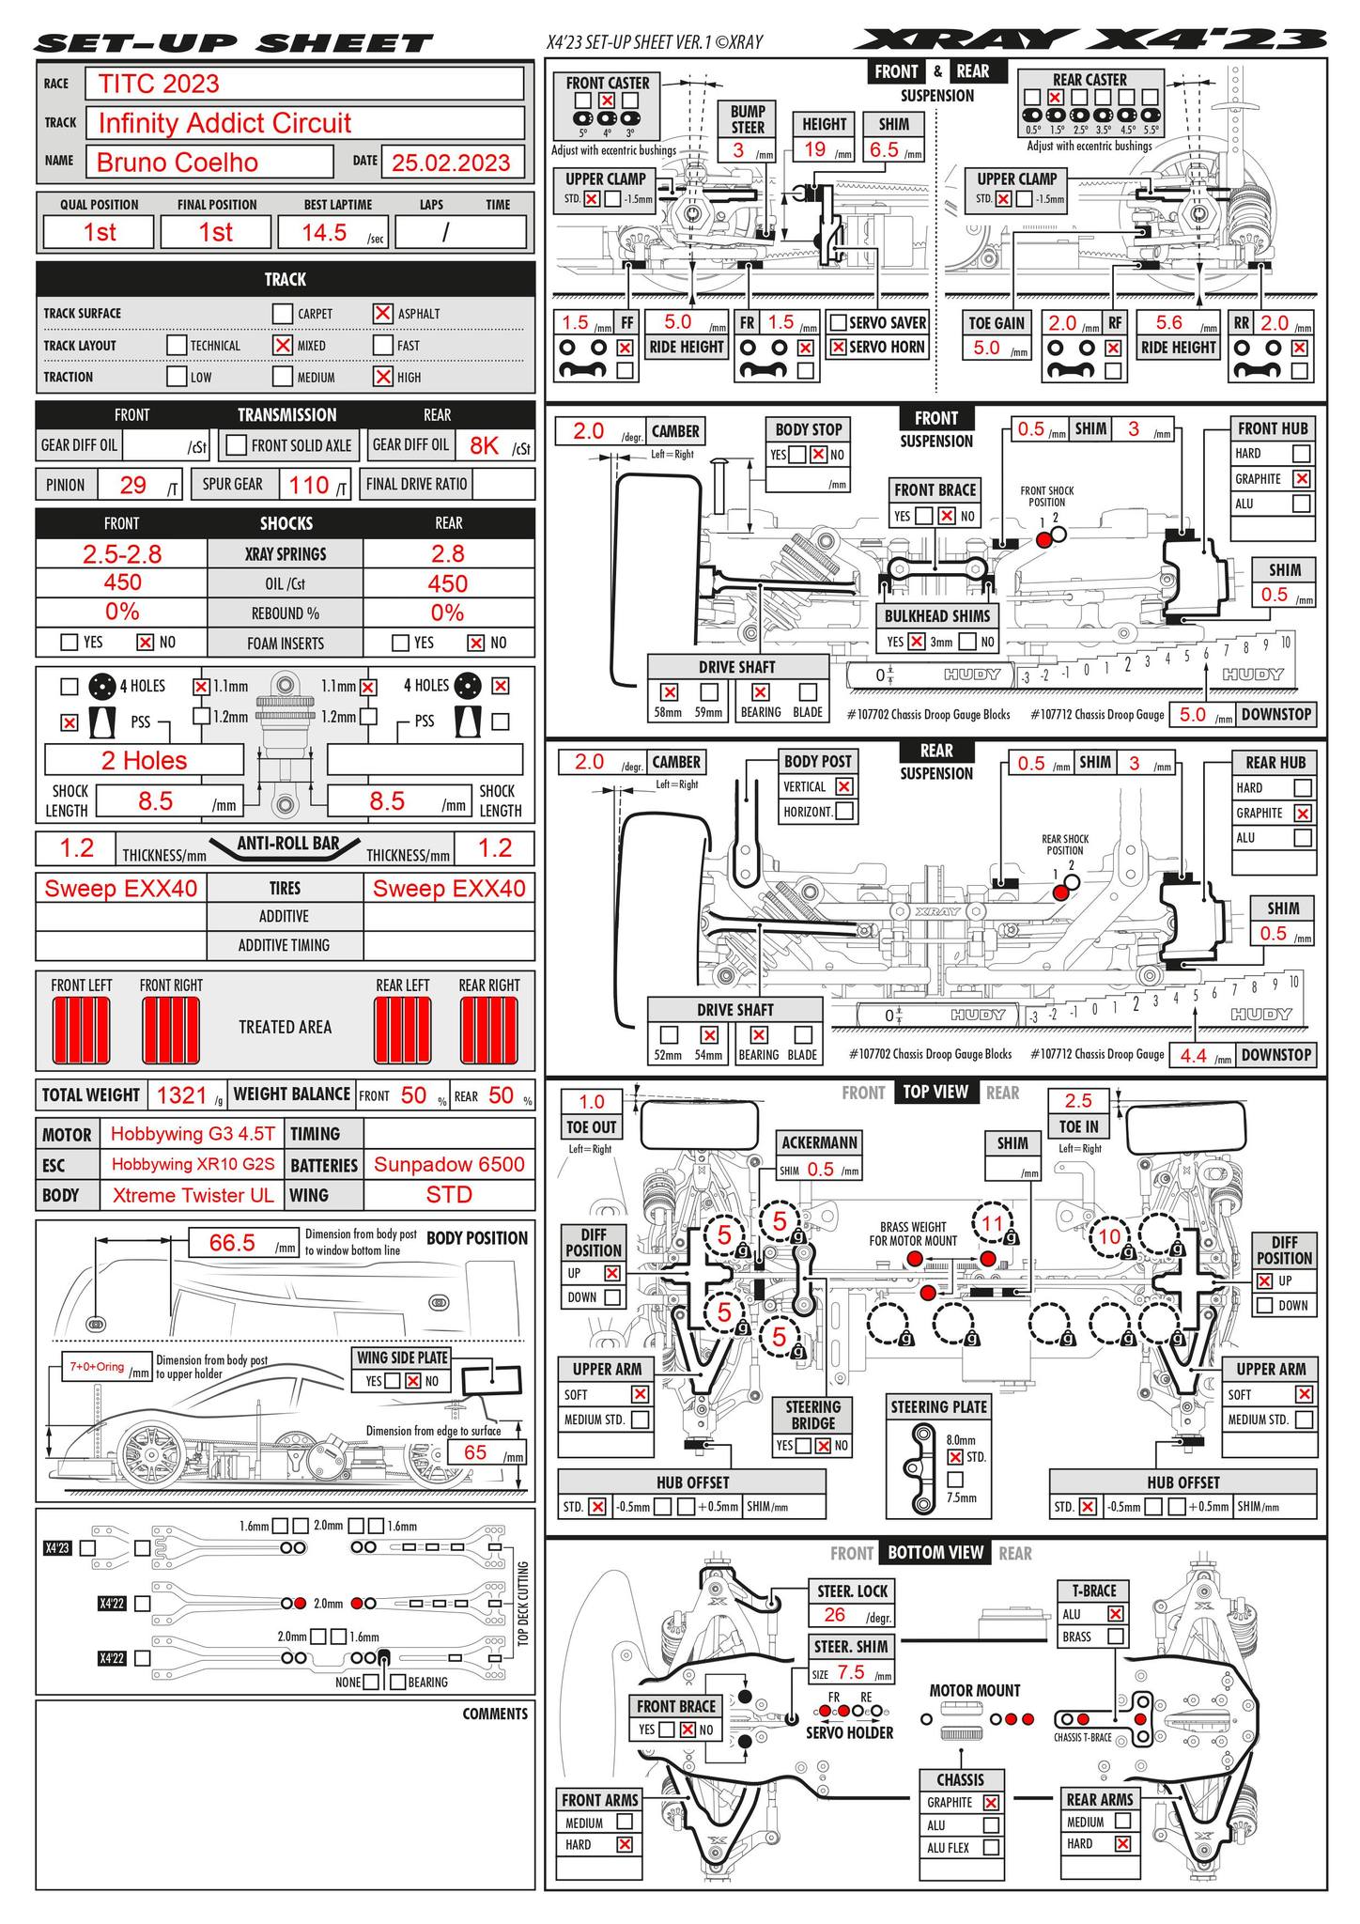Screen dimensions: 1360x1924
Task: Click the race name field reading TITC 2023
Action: pyautogui.click(x=303, y=84)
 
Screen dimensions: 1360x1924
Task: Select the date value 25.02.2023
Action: pyautogui.click(x=451, y=162)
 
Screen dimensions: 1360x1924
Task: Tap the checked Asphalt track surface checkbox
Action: pyautogui.click(x=382, y=313)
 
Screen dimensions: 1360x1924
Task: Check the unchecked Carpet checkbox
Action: pyautogui.click(x=282, y=313)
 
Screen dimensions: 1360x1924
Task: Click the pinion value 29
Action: pyautogui.click(x=133, y=485)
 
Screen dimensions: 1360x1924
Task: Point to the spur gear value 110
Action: pyautogui.click(x=309, y=485)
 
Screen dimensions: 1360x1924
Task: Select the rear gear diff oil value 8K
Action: pyautogui.click(x=484, y=445)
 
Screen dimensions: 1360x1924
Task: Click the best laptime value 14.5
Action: pyautogui.click(x=324, y=233)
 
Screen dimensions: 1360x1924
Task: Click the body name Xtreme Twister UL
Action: pyautogui.click(x=193, y=1195)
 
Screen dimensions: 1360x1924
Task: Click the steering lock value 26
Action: pyautogui.click(x=834, y=1615)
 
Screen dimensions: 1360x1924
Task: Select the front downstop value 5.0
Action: pyautogui.click(x=1192, y=715)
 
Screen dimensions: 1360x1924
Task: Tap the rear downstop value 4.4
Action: pyautogui.click(x=1193, y=1055)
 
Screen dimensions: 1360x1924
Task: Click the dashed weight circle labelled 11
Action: pyautogui.click(x=993, y=1223)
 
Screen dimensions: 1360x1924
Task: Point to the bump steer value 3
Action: pyautogui.click(x=738, y=150)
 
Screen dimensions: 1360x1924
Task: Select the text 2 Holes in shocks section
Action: pyautogui.click(x=144, y=760)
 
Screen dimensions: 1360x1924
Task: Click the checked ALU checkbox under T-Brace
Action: pyautogui.click(x=1116, y=1614)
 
